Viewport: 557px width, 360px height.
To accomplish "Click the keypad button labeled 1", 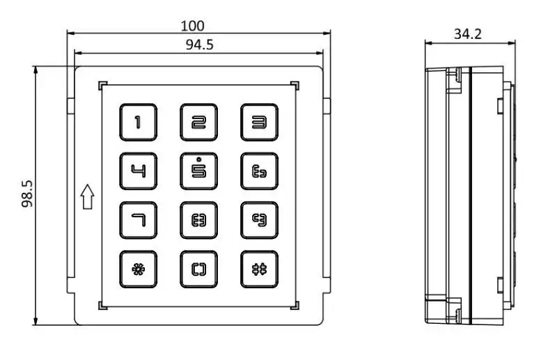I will click(138, 123).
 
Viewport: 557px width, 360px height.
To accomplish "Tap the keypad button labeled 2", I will click(198, 123).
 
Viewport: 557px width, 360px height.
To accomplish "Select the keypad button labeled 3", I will click(259, 123).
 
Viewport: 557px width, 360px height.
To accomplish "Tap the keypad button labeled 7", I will click(138, 220).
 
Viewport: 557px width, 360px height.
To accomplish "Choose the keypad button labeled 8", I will click(198, 220).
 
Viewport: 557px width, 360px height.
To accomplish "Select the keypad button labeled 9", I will click(259, 220).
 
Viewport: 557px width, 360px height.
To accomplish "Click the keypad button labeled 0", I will click(198, 269).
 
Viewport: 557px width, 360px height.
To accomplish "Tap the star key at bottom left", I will click(138, 269).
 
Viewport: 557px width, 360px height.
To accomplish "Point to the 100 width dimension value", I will click(193, 26).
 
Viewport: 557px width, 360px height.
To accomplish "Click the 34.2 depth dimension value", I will click(469, 33).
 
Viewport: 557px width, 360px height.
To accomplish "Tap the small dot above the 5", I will click(198, 159).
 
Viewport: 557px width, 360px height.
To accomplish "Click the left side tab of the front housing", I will click(70, 106).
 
